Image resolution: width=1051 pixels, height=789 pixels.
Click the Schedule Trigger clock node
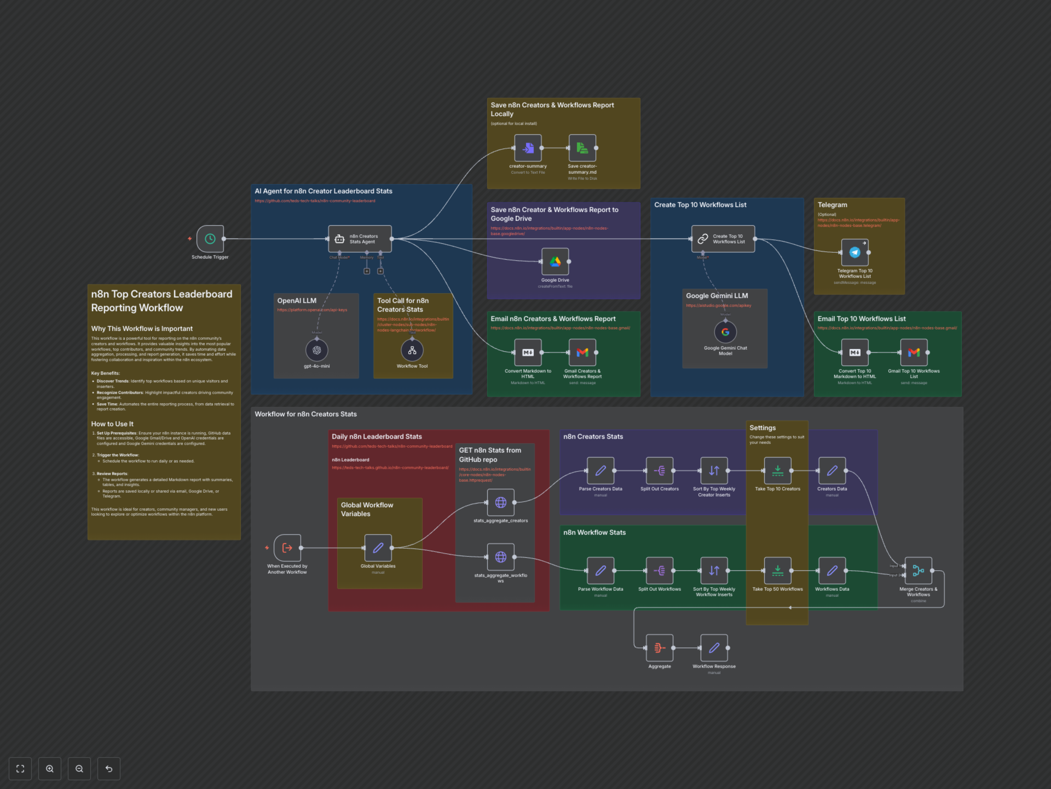(x=210, y=239)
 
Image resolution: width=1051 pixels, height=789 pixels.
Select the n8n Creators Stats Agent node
(x=360, y=239)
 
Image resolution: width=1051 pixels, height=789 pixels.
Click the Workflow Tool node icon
(x=412, y=350)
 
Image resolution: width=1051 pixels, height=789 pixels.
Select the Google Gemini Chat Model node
(x=725, y=332)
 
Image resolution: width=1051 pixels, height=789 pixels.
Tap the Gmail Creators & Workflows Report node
(x=582, y=352)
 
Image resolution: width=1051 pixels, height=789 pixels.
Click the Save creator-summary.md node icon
(x=582, y=148)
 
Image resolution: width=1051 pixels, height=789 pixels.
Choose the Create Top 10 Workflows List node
(x=723, y=239)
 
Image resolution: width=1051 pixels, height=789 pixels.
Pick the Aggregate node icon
(x=660, y=648)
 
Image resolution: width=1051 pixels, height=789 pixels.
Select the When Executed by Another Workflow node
(x=287, y=548)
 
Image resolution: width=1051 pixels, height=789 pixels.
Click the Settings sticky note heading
(x=762, y=428)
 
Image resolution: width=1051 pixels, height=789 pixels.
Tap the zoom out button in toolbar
(x=79, y=768)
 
